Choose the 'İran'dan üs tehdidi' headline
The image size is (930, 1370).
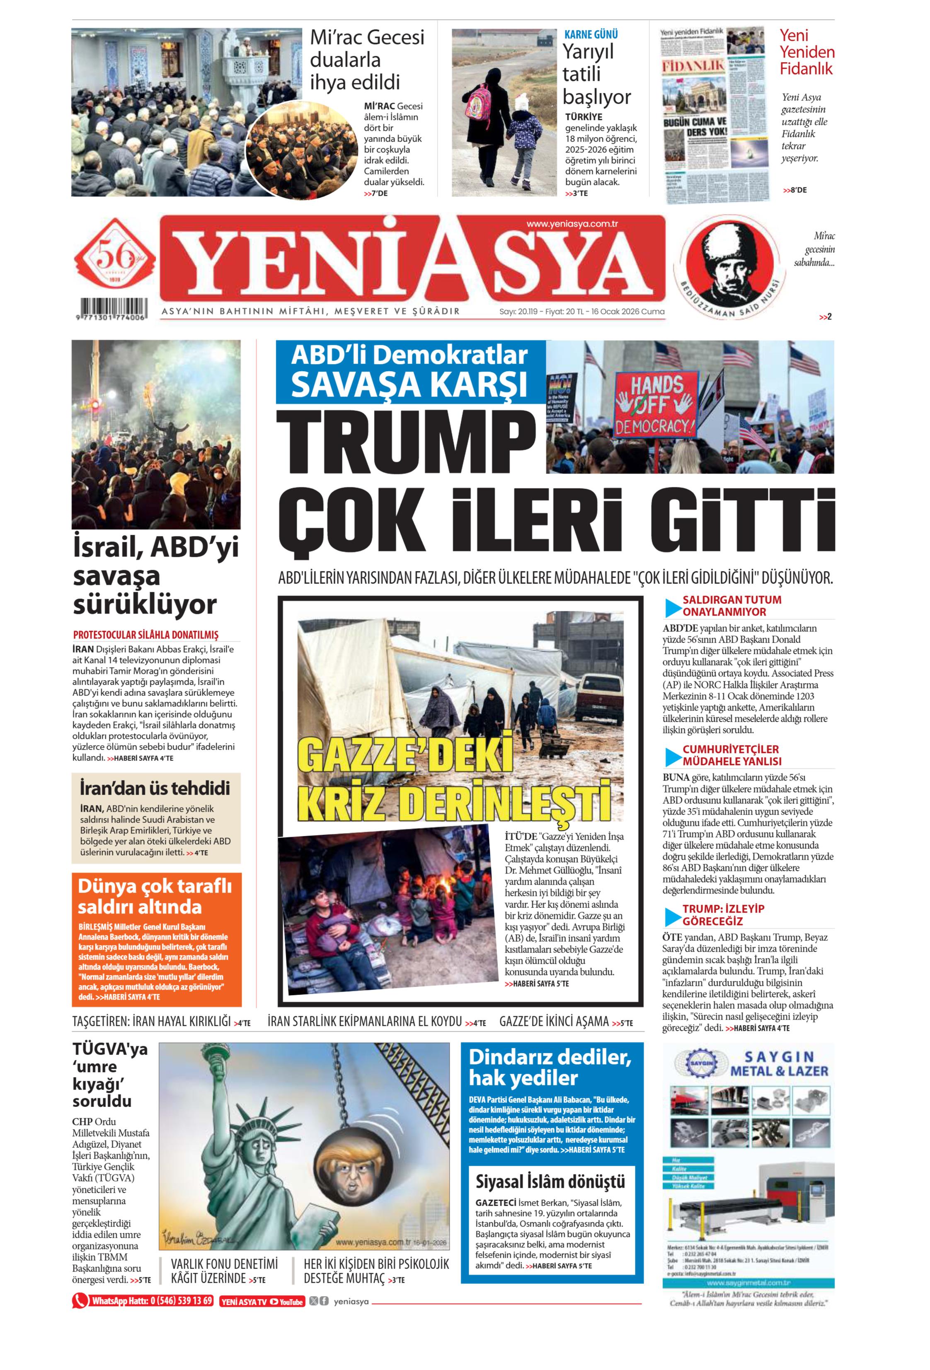coord(155,788)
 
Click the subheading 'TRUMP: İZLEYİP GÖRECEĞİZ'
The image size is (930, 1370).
coord(723,914)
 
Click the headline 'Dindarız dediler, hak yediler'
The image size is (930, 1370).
coord(550,1068)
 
